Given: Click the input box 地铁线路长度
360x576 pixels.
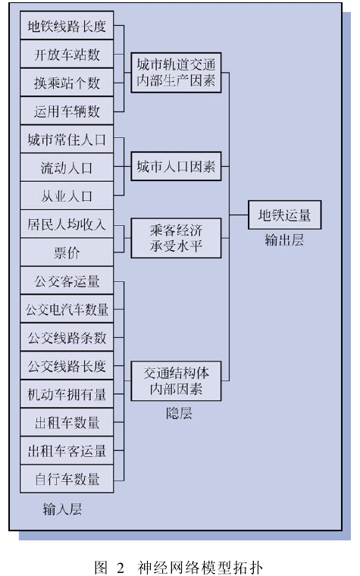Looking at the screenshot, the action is tap(67, 26).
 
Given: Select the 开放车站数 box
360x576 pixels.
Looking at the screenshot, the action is tap(67, 54).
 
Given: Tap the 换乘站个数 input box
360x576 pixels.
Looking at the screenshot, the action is tap(67, 83).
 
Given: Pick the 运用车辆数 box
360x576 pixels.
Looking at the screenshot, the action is tap(67, 111).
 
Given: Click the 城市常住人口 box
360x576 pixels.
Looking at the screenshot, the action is tap(67, 139).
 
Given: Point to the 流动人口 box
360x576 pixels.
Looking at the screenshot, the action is tap(67, 167).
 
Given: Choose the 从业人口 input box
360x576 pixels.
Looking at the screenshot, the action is tap(67, 196).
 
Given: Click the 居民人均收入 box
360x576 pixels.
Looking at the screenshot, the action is tap(67, 224).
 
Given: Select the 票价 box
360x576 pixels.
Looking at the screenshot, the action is tap(67, 252).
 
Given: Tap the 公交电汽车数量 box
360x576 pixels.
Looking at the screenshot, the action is tap(67, 309).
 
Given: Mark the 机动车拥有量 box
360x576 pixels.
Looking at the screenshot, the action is tap(67, 394).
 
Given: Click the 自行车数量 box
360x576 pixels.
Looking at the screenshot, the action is tap(67, 479).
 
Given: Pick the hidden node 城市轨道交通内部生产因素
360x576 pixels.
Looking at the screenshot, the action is tap(176, 72).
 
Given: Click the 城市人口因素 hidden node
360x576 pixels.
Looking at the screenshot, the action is tap(176, 167).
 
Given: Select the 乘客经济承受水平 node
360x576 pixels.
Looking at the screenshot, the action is tap(176, 238).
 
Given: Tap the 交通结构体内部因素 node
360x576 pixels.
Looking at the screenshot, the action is tap(176, 381).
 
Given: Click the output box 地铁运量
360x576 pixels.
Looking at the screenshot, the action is tap(284, 215).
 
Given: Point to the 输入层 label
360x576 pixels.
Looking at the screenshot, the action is tap(62, 509).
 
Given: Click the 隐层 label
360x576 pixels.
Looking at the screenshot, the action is tap(179, 414).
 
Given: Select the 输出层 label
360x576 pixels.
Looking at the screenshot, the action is tap(284, 240).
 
